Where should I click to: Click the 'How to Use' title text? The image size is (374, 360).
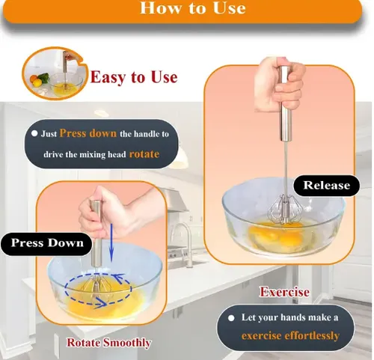coord(193,7)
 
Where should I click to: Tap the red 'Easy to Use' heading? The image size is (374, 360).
coord(134,77)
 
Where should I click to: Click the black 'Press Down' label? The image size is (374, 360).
coord(47,243)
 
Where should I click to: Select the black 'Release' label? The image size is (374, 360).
coord(326,186)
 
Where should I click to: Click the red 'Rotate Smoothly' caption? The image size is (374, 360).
coord(109,343)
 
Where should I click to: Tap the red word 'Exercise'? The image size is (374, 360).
coord(284,292)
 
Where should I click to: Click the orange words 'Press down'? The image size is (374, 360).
coord(88,133)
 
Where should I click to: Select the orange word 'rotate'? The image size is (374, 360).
coord(144,154)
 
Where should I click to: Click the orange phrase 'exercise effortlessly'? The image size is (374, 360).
coord(290,335)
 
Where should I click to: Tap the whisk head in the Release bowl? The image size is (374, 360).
coord(283,210)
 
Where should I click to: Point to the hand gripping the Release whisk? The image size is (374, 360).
coord(279,85)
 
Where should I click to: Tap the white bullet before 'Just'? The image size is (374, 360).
coord(34,133)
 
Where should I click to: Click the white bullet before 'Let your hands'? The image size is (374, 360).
coord(231,318)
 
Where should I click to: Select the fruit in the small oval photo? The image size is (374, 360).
coord(39,79)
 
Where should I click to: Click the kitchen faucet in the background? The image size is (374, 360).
coord(183,240)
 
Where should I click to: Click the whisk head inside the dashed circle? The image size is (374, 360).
coord(97,286)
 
